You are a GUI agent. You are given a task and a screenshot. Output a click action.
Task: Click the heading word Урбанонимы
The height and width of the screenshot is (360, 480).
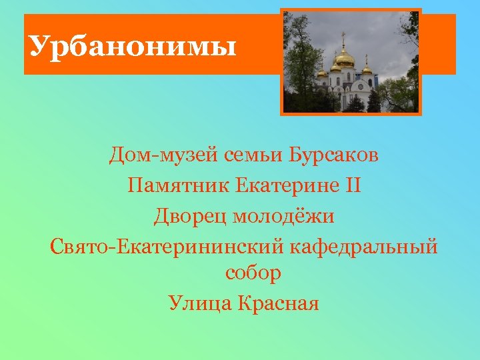133,47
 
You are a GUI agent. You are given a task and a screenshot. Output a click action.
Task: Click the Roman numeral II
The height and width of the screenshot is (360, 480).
353,185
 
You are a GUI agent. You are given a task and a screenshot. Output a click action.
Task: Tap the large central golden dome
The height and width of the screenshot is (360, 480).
345,59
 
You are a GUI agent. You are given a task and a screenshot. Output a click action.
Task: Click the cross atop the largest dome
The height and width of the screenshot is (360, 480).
345,39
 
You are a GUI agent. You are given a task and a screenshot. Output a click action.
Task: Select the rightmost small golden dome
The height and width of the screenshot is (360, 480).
367,69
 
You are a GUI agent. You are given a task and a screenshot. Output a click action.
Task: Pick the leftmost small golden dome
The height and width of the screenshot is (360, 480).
321,73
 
